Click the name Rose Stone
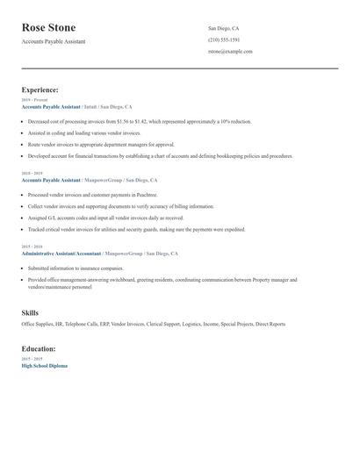48,27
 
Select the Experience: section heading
40,89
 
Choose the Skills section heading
30,312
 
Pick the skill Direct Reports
270,324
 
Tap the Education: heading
40,348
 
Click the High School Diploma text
44,365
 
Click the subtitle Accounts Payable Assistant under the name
54,41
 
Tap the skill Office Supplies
36,324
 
